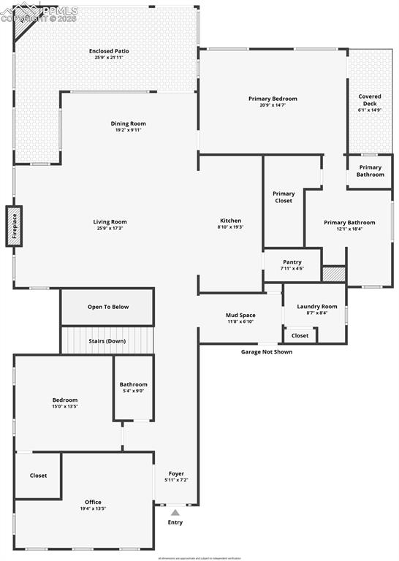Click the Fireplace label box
[14, 226]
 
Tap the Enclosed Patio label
[109, 51]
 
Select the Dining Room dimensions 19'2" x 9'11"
[128, 130]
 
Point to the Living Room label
[110, 222]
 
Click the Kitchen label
[230, 221]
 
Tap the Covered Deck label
[370, 100]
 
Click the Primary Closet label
[284, 197]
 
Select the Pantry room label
[292, 262]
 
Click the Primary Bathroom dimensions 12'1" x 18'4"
[350, 229]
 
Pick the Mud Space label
[240, 316]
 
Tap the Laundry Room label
[317, 306]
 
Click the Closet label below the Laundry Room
[300, 336]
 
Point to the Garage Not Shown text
[267, 352]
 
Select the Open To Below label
[108, 307]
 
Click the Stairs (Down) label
[107, 341]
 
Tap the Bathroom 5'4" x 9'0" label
[133, 384]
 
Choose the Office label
[93, 502]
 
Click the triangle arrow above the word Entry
[175, 513]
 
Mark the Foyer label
[176, 474]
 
